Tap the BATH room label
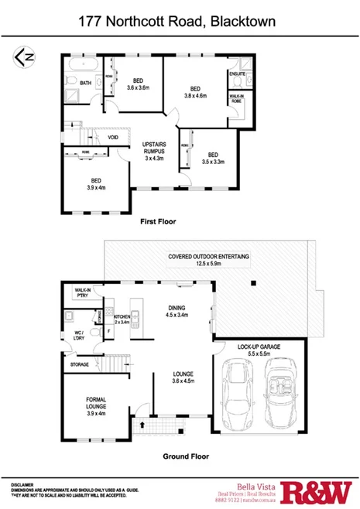[x=85, y=83]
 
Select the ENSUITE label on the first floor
[x=237, y=73]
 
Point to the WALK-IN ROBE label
[x=236, y=99]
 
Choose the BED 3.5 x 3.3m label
[x=212, y=157]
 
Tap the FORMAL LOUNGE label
[x=97, y=405]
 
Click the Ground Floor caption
[x=186, y=456]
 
